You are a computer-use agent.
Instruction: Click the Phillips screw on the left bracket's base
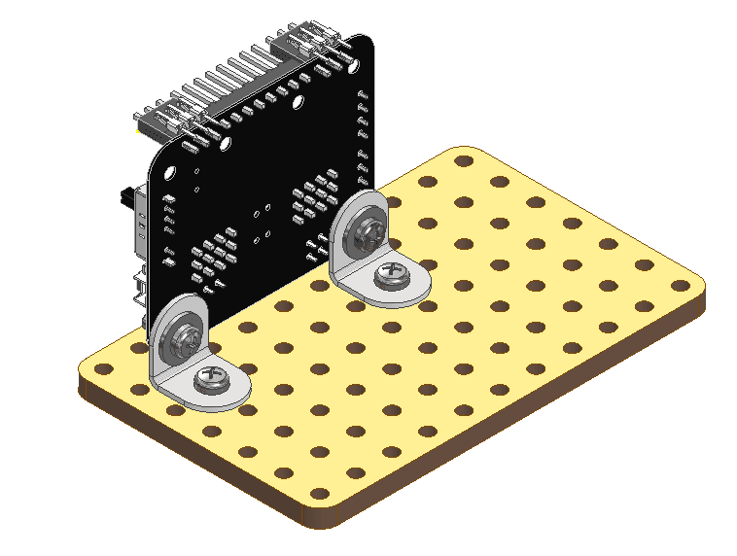[x=212, y=381]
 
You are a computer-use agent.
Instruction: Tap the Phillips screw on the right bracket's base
[x=394, y=275]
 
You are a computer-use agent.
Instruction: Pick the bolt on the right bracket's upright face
[x=360, y=232]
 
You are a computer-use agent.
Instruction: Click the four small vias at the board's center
[x=261, y=225]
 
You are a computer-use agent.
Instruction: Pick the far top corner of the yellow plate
[x=462, y=152]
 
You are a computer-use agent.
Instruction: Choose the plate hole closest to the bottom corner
[x=324, y=494]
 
